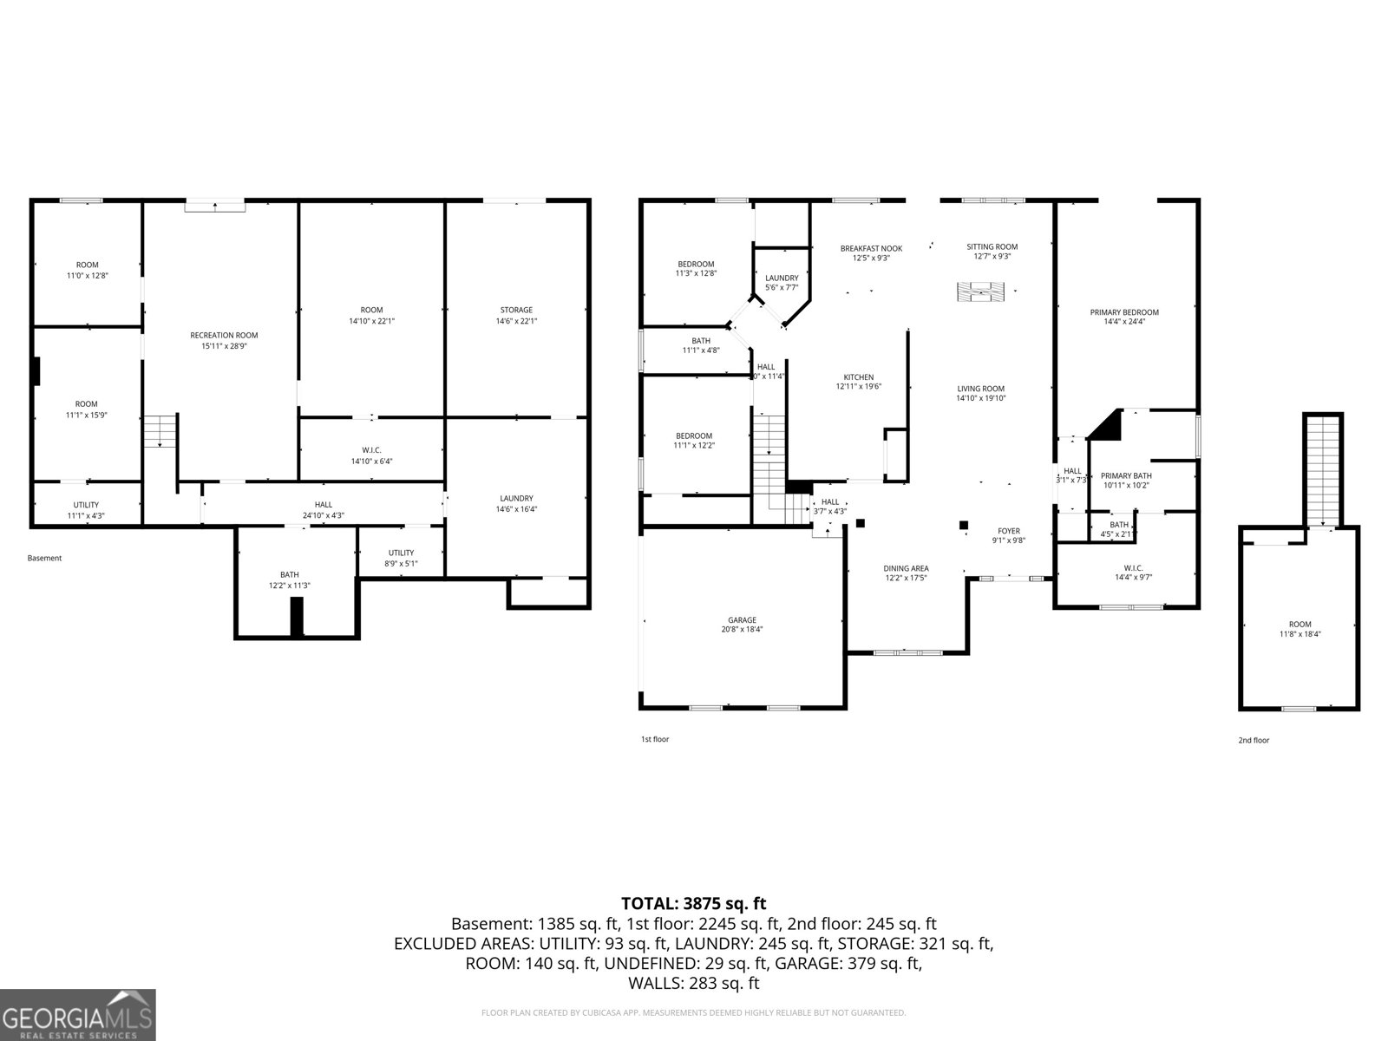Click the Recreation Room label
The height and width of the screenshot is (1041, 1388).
pyautogui.click(x=224, y=340)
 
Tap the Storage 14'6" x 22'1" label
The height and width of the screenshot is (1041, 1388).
pyautogui.click(x=516, y=315)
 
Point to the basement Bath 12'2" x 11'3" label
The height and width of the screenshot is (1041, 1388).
pyautogui.click(x=289, y=579)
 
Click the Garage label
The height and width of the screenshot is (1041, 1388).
pyautogui.click(x=742, y=625)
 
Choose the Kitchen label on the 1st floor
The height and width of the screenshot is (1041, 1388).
pyautogui.click(x=858, y=382)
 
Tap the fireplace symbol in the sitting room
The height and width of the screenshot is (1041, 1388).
pyautogui.click(x=980, y=291)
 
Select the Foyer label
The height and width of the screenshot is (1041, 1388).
pyautogui.click(x=1009, y=535)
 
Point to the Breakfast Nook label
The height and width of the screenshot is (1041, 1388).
pyautogui.click(x=871, y=252)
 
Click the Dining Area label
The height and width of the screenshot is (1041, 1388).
pyautogui.click(x=907, y=573)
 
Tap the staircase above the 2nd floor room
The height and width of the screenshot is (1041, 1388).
pyautogui.click(x=1323, y=468)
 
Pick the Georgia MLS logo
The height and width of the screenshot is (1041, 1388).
pyautogui.click(x=78, y=1014)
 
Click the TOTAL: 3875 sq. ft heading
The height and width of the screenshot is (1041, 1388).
pyautogui.click(x=693, y=904)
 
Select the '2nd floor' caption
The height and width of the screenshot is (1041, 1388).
pyautogui.click(x=1254, y=740)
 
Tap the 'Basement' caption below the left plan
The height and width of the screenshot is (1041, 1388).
pyautogui.click(x=44, y=558)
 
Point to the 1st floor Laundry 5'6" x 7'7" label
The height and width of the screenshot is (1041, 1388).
pyautogui.click(x=782, y=283)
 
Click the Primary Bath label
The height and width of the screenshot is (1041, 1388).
pyautogui.click(x=1126, y=480)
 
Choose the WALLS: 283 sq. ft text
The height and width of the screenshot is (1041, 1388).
pyautogui.click(x=693, y=983)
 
